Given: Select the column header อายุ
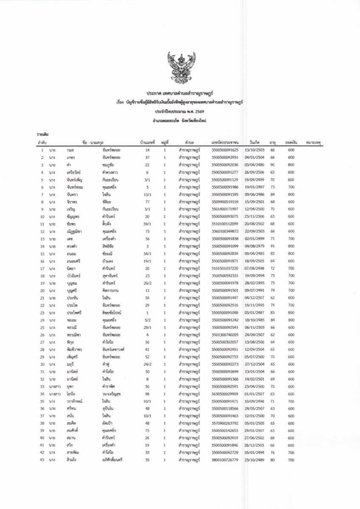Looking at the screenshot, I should click(x=273, y=143).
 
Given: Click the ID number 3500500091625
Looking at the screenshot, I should click(x=225, y=150).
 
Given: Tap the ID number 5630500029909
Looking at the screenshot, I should click(x=225, y=393).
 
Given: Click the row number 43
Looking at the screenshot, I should click(x=42, y=460).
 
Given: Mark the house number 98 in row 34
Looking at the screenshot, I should click(x=147, y=393).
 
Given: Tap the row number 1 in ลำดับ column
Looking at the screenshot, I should click(x=42, y=150).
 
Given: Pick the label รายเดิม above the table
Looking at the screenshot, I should click(x=42, y=134).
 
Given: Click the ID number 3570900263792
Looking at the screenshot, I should click(x=225, y=423).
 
